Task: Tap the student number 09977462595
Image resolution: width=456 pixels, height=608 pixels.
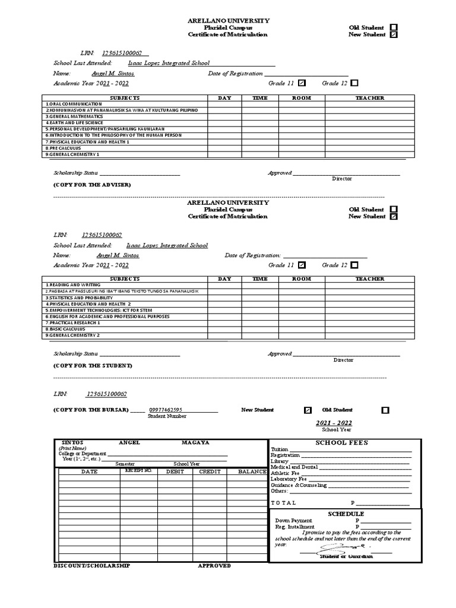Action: pos(166,410)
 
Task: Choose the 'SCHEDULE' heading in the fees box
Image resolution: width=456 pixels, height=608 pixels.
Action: pos(346,514)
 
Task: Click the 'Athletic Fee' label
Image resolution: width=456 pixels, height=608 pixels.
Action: pos(285,473)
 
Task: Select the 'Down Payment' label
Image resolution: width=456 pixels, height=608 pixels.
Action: pos(293,520)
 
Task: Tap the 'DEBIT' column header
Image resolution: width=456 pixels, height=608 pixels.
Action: pos(175,471)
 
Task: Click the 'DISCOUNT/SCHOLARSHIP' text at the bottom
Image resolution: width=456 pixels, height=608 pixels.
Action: pos(91,566)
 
